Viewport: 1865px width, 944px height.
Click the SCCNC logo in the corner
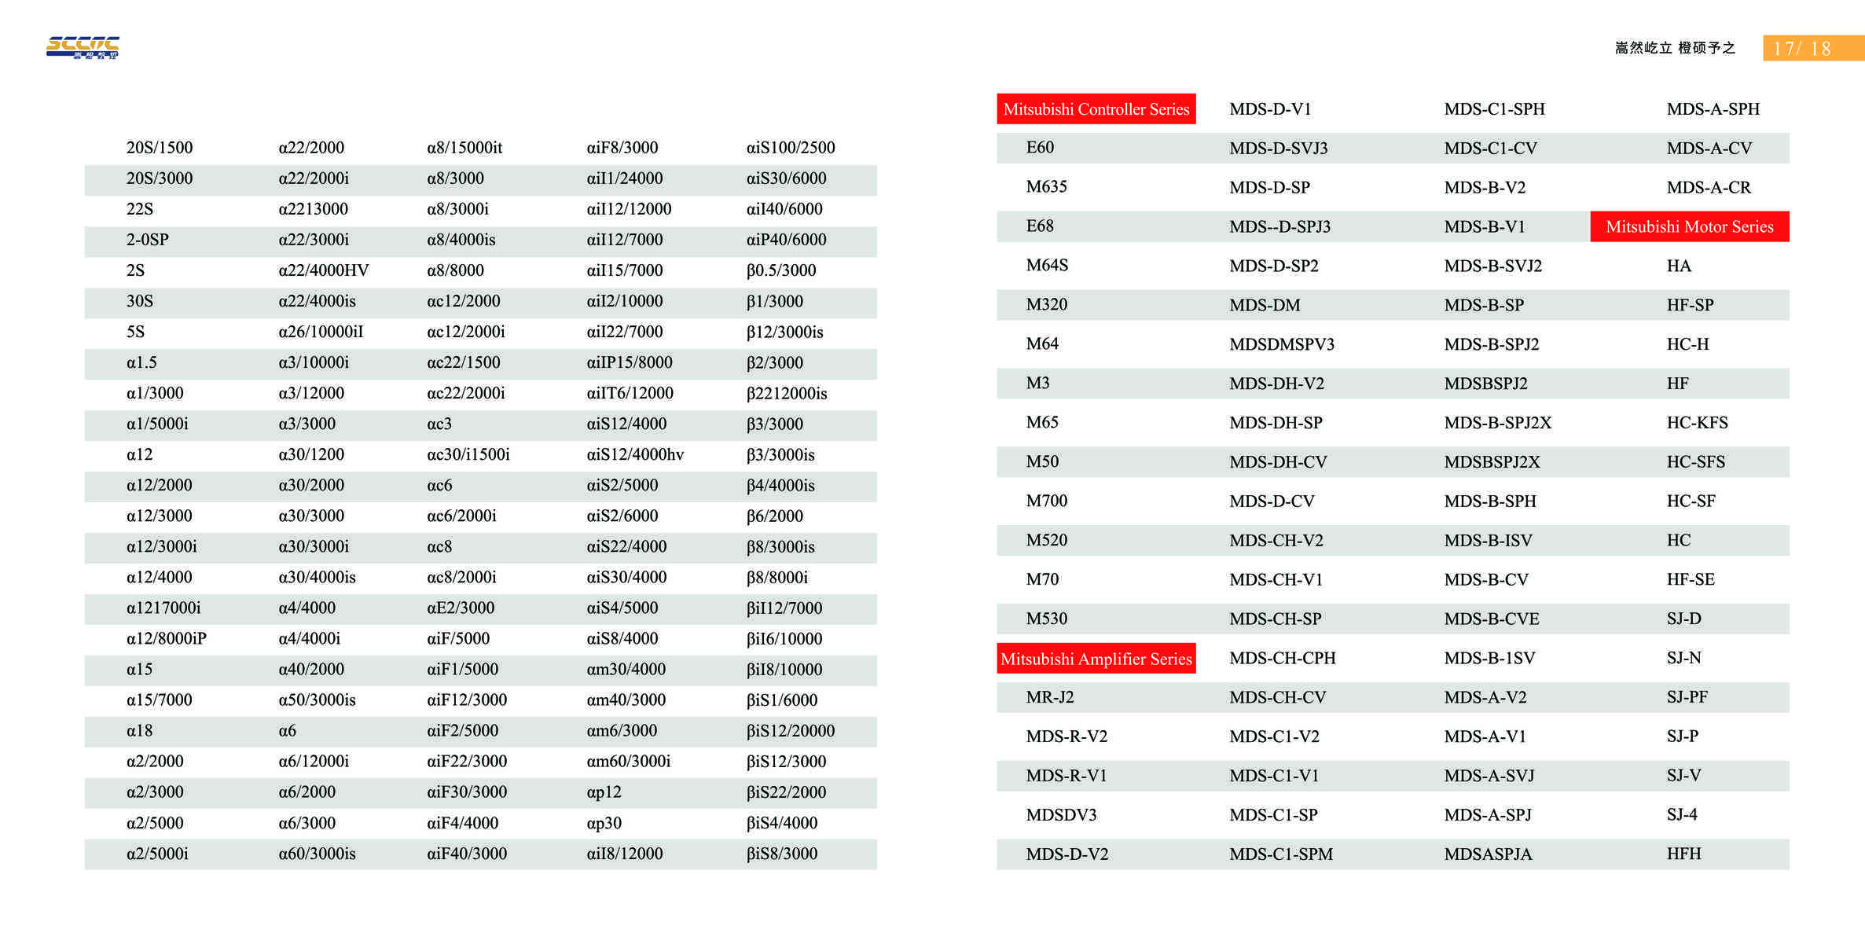83,47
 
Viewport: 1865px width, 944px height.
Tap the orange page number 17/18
1801,49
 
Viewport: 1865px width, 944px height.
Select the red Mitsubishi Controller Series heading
1096,109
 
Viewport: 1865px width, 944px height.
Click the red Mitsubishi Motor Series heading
1689,227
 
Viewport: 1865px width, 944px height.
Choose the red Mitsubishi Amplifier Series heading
1096,659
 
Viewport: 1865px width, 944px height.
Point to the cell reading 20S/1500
160,148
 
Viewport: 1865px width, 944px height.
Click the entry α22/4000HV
323,270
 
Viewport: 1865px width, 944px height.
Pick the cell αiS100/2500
790,148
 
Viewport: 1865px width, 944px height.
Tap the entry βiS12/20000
790,731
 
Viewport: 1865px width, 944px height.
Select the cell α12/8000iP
167,639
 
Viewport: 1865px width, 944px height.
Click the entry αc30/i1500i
468,455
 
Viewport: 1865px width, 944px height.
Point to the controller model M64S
1047,266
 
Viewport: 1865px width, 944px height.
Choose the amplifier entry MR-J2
1049,697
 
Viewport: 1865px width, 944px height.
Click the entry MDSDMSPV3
1281,344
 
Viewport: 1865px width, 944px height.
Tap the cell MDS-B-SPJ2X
1497,423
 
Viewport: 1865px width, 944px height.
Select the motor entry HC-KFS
1697,423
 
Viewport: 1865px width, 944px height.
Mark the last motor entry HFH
1683,854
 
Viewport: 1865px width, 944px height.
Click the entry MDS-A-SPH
1713,109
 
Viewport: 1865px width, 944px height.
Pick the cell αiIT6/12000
630,394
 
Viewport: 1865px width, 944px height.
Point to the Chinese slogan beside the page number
1675,48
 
